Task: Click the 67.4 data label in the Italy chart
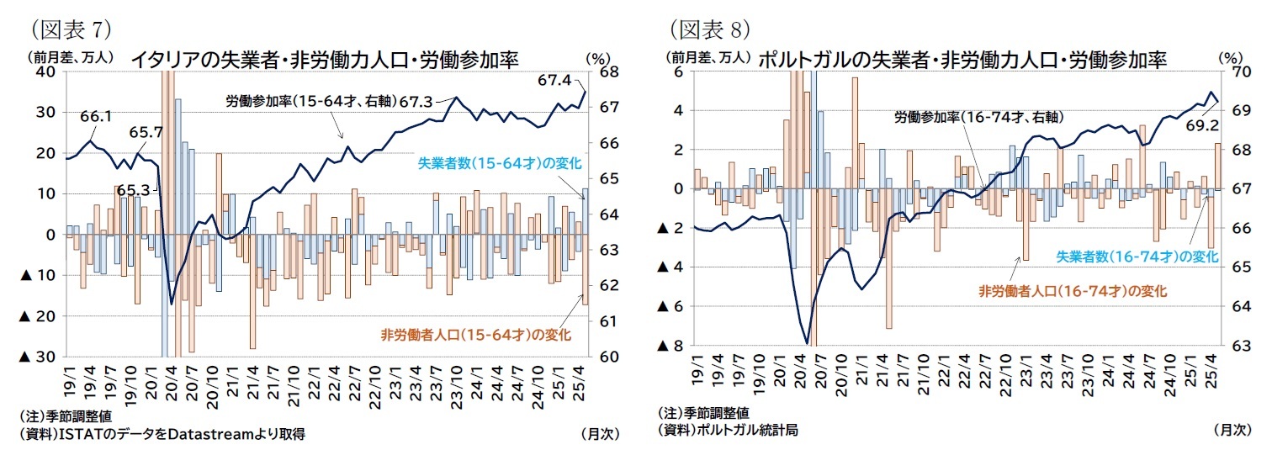coord(554,81)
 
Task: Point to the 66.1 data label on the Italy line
coord(96,117)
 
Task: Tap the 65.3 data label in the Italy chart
coord(110,190)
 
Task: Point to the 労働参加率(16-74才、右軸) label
coord(976,117)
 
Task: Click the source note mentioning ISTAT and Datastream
coord(161,434)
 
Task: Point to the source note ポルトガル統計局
coord(728,429)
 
